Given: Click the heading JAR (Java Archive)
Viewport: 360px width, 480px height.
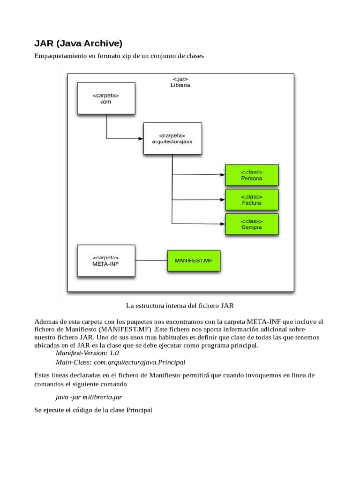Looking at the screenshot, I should tap(78, 44).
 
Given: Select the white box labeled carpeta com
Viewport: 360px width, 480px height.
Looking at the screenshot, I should tap(106, 98).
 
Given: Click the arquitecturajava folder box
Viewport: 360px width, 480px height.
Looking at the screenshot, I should tap(172, 138).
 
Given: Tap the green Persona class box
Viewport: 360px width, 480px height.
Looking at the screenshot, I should tap(252, 175).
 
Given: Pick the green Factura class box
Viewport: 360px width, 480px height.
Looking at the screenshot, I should tap(252, 200).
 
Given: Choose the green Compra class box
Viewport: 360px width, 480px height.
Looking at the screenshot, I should tap(252, 224).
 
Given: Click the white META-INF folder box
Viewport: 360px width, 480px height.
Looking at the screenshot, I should tap(106, 261).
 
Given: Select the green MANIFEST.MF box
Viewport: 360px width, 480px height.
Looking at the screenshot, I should tap(193, 260).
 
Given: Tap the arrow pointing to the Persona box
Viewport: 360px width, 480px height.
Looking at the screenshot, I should tap(199, 175).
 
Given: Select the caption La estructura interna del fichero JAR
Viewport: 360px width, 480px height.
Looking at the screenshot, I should tap(180, 306).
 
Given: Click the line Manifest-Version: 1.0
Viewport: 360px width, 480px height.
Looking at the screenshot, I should tap(87, 352).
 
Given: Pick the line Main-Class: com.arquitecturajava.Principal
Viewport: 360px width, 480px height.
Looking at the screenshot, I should tap(120, 362).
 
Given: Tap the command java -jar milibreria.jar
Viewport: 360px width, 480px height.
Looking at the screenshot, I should tap(90, 397).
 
